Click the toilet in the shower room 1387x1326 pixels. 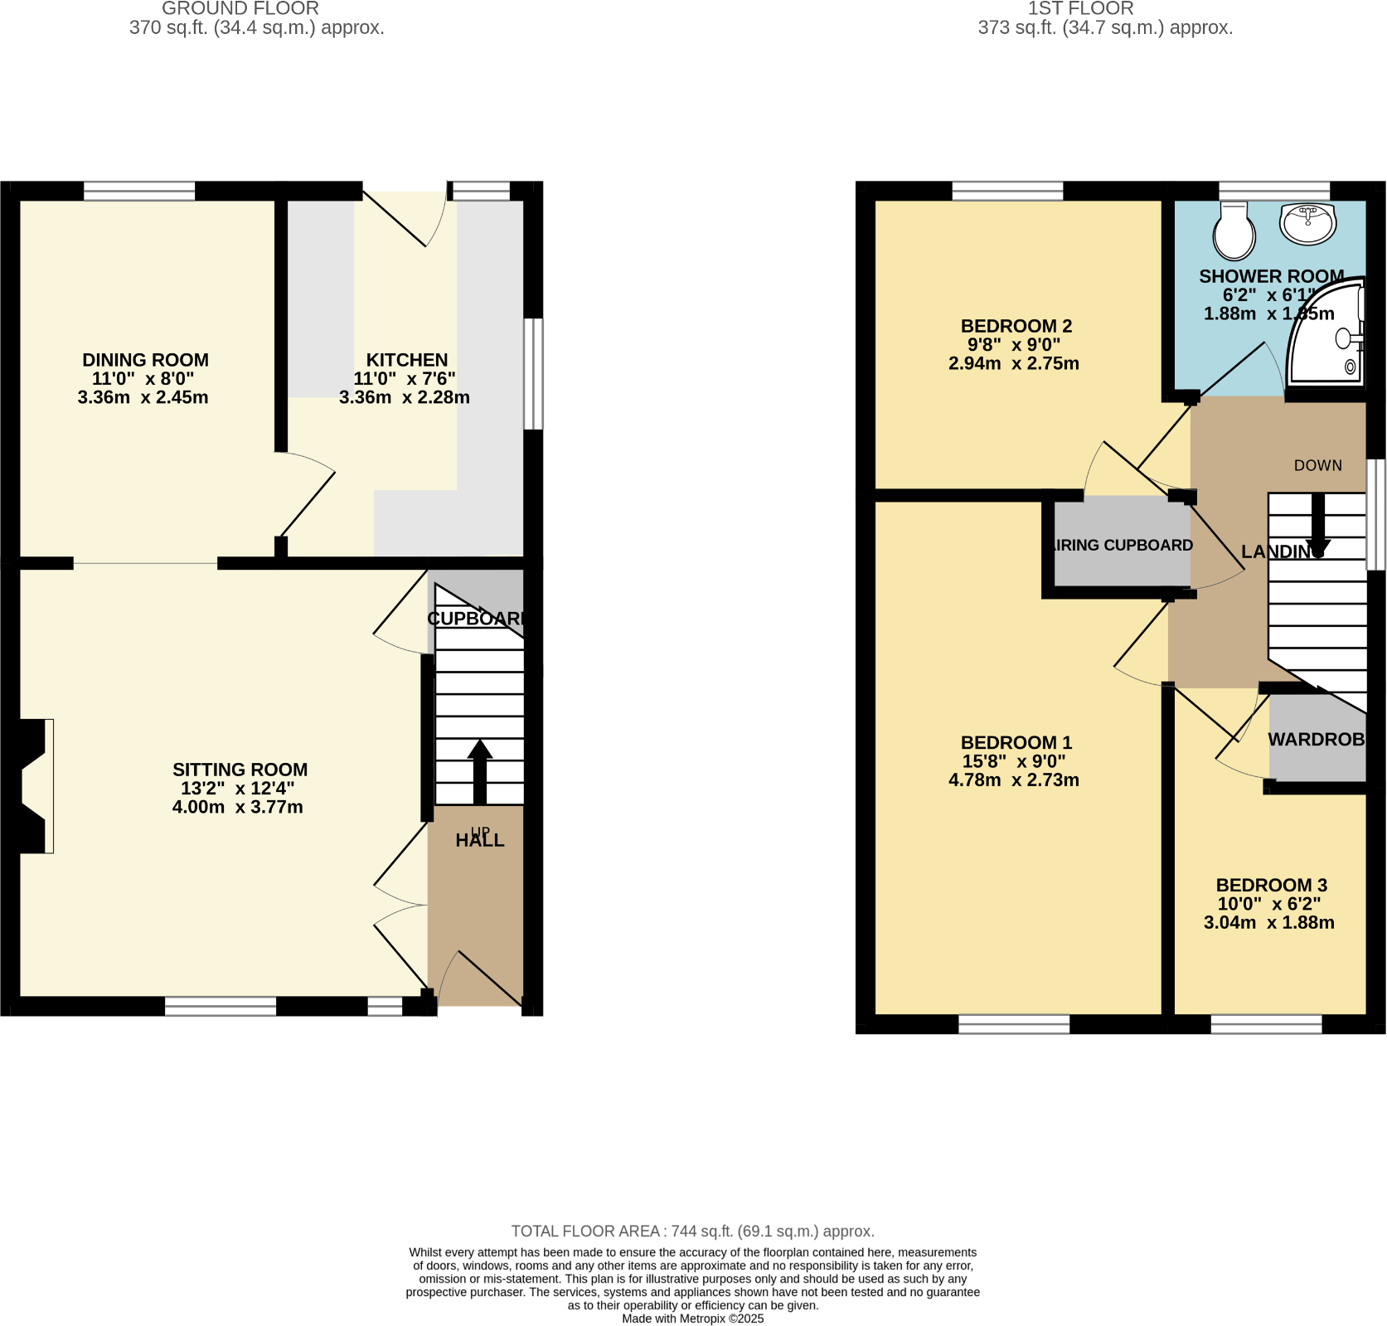pos(1234,232)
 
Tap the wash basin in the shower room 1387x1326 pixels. pos(1307,222)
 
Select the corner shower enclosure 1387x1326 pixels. pos(1329,336)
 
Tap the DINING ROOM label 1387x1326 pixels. pos(145,360)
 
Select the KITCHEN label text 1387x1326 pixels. pos(407,360)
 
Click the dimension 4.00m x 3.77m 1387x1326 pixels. pos(238,807)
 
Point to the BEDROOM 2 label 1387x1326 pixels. pos(1016,326)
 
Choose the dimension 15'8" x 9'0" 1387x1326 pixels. pos(1014,761)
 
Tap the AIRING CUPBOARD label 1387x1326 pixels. pos(1122,545)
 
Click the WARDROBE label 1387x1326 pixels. pos(1317,739)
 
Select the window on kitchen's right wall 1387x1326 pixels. pos(534,374)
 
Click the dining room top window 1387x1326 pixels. pos(139,192)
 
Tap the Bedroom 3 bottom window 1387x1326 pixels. pos(1266,1025)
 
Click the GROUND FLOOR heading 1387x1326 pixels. pos(240,9)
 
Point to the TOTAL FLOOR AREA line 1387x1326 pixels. pos(692,1231)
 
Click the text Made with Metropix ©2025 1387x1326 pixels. pos(692,1318)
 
